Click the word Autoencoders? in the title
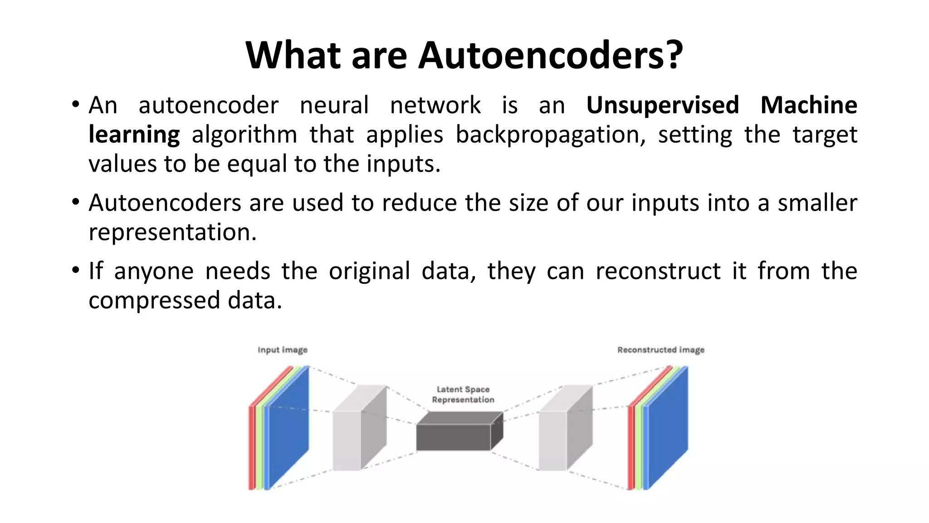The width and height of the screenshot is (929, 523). [x=550, y=55]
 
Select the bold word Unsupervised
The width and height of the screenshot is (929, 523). [x=662, y=105]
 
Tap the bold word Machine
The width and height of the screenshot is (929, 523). [x=808, y=105]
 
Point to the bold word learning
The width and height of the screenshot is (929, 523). [x=134, y=135]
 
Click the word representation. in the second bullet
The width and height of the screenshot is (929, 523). [x=172, y=232]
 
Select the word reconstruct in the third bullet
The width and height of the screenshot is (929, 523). [x=658, y=271]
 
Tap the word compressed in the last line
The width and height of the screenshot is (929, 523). [x=154, y=301]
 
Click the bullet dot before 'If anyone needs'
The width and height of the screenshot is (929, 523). [x=75, y=270]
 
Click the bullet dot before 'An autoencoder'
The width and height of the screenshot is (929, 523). [x=75, y=104]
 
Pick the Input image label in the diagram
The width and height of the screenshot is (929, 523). [x=282, y=350]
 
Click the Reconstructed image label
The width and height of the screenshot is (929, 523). [x=660, y=350]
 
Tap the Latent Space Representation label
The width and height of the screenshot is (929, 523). [x=463, y=395]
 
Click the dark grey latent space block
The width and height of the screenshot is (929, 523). [x=454, y=437]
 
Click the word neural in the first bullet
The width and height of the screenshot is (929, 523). [x=334, y=105]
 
